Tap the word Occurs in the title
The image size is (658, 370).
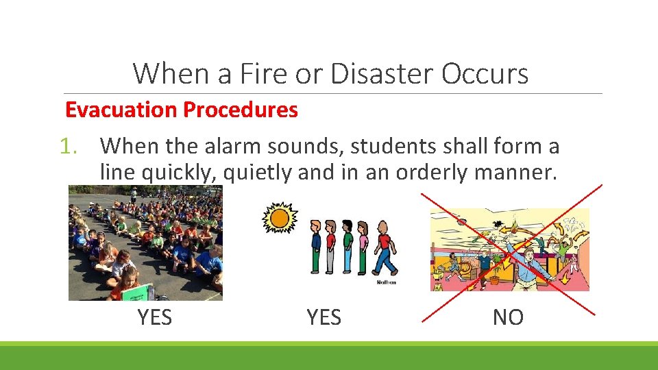485,73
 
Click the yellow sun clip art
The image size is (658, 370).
280,219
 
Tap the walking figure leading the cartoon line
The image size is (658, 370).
385,251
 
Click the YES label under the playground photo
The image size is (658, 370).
154,318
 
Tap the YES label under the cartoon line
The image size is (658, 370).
324,318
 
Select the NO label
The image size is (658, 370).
508,318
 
